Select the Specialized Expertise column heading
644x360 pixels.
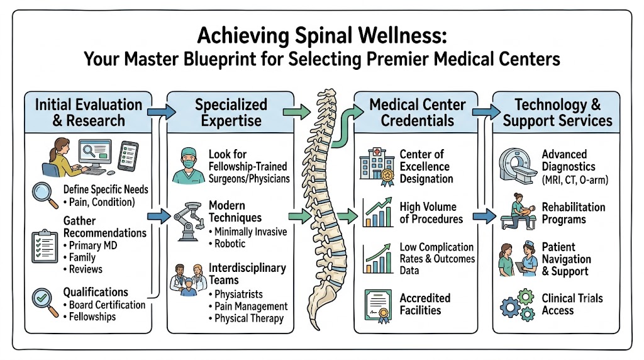[x=231, y=112]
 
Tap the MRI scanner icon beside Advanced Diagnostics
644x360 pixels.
[x=518, y=166]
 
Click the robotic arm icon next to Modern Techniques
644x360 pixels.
[x=189, y=221]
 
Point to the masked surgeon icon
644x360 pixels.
[x=189, y=166]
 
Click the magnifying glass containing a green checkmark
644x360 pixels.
[x=45, y=301]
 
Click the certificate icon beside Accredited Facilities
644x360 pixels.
[x=378, y=306]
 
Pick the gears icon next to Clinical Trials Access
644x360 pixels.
[x=518, y=305]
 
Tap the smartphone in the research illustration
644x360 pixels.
[x=128, y=156]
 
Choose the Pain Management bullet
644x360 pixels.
[x=248, y=306]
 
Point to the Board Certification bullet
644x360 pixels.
[x=104, y=305]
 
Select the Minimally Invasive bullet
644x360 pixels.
[x=248, y=232]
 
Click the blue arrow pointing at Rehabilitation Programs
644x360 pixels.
[x=484, y=216]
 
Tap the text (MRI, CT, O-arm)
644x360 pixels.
[x=575, y=180]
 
